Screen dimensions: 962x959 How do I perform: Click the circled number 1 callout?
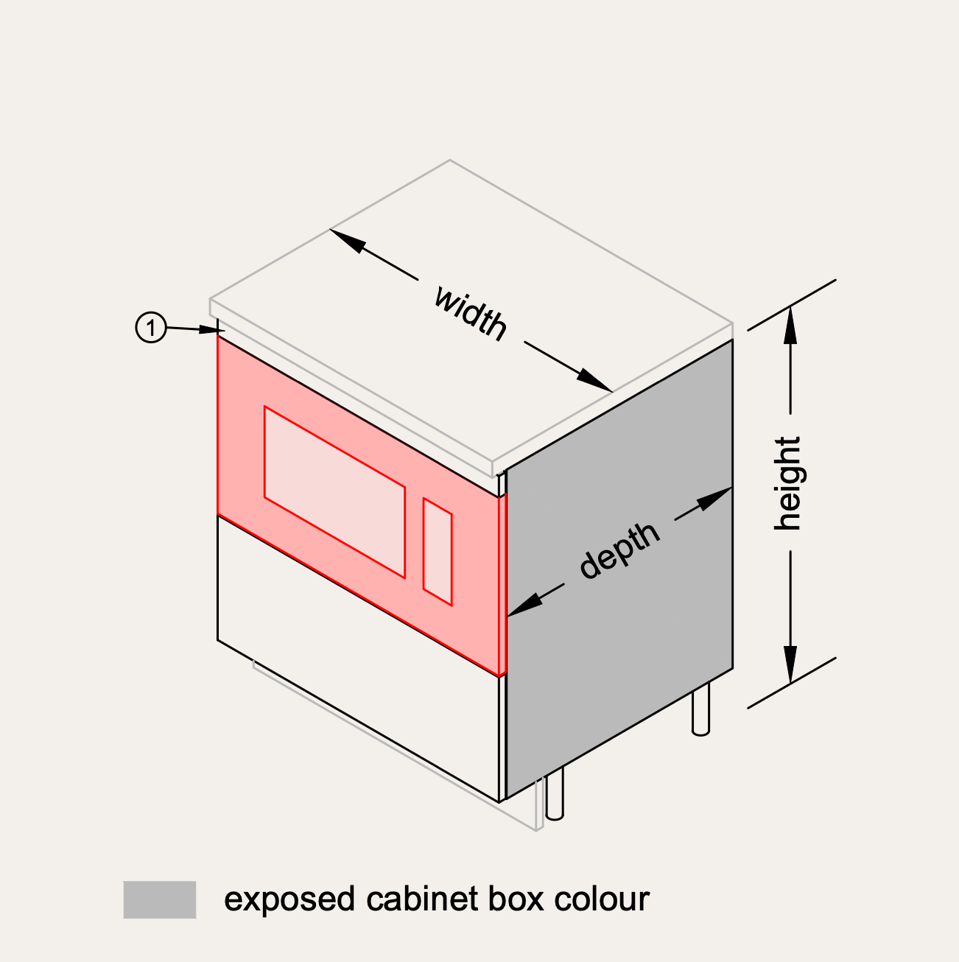click(151, 327)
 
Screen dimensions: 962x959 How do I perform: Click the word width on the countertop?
click(470, 312)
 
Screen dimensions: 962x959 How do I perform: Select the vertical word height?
click(787, 483)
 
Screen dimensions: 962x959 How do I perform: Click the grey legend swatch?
click(160, 899)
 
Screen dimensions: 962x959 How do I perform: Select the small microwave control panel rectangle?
click(437, 552)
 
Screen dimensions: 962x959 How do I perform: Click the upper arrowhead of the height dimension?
click(790, 324)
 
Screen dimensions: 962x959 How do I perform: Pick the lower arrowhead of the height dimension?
click(790, 665)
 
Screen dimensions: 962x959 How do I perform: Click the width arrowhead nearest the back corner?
click(347, 241)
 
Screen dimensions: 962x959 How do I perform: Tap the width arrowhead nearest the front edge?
click(594, 380)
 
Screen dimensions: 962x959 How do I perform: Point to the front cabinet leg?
click(555, 796)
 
